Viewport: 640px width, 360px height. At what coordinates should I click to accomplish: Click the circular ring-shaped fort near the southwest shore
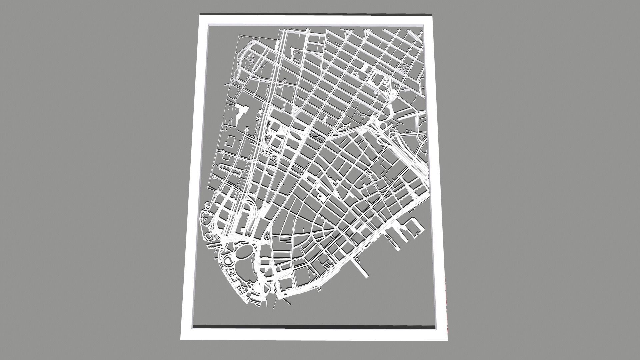point(228,260)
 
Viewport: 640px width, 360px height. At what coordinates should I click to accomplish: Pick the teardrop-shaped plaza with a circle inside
point(267,237)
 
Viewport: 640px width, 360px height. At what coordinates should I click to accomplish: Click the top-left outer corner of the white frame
point(200,14)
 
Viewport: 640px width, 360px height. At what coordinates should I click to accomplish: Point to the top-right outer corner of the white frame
point(433,15)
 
